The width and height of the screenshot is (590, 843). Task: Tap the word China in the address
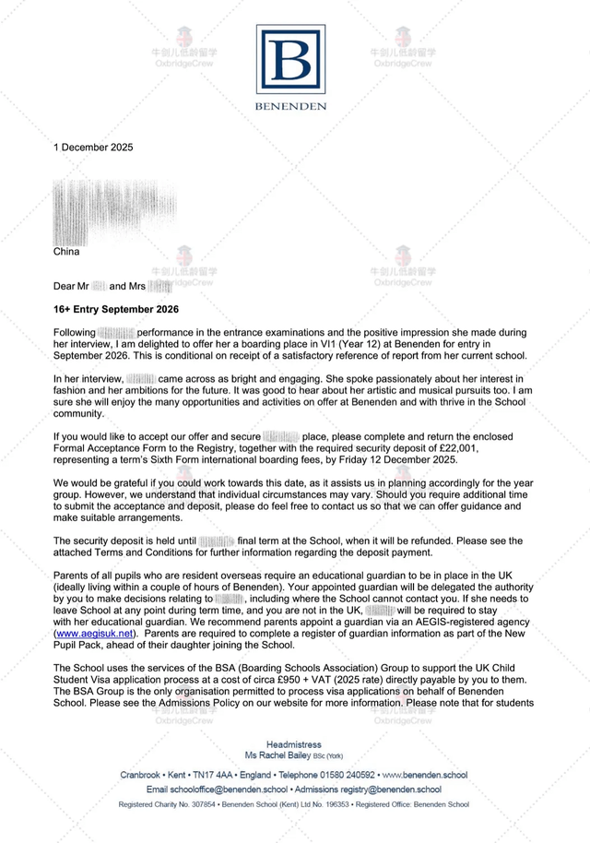66,251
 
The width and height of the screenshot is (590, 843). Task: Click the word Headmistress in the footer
294,743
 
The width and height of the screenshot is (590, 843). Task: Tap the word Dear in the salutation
65,286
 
